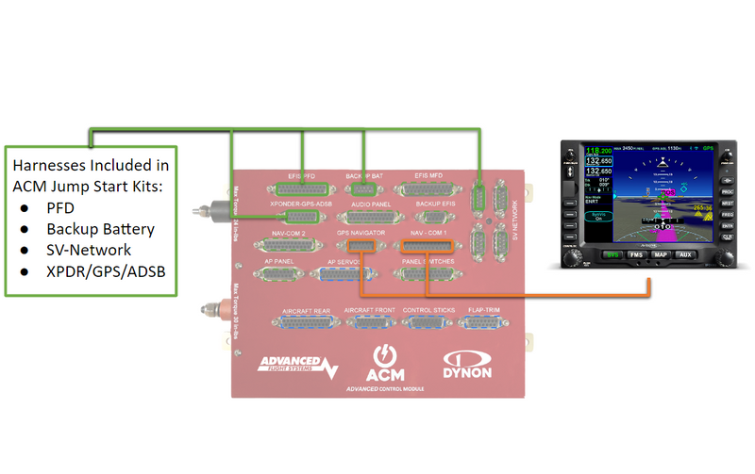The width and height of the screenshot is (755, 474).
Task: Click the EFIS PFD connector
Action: click(302, 188)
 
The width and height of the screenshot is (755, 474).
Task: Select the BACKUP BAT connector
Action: click(363, 188)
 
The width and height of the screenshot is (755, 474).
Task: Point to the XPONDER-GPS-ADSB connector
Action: click(302, 217)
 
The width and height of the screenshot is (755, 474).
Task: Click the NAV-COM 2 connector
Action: click(283, 246)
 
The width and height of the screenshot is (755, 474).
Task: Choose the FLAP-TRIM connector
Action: click(483, 321)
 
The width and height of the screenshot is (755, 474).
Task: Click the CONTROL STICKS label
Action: click(428, 309)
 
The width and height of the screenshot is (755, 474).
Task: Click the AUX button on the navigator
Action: click(686, 254)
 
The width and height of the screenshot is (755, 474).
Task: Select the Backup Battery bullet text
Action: click(100, 229)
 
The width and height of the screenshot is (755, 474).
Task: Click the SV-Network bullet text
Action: click(89, 250)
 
